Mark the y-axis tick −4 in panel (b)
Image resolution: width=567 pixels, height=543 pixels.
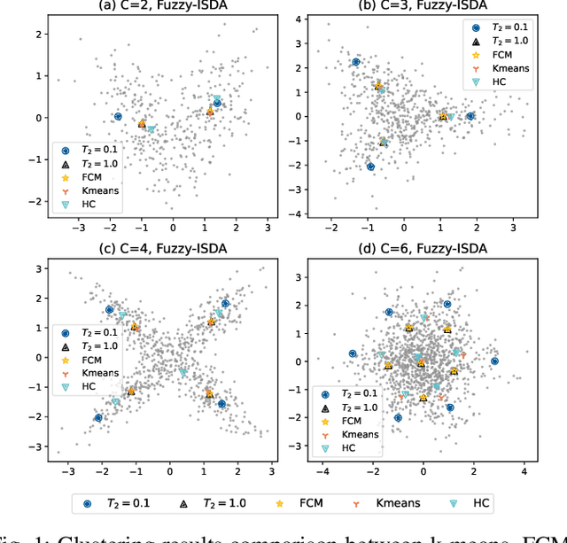(x=298, y=213)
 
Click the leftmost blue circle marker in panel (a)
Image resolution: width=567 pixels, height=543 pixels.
(x=118, y=116)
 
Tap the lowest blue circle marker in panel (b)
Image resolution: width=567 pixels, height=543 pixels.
(x=370, y=167)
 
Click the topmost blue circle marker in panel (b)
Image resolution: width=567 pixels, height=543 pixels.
(x=356, y=62)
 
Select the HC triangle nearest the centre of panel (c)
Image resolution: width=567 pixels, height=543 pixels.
(x=183, y=372)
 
